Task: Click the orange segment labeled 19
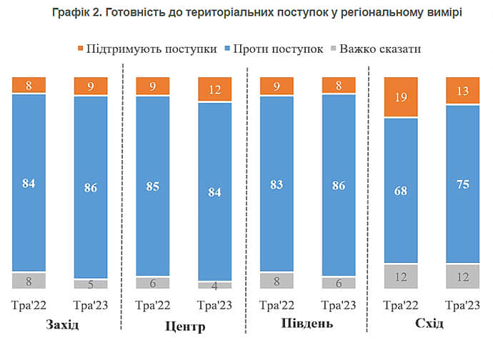[401, 97]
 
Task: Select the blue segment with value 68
[401, 191]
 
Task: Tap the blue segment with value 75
[463, 184]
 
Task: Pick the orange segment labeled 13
[463, 91]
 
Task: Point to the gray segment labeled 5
[91, 284]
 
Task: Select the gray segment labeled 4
[215, 285]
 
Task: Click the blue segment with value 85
[153, 186]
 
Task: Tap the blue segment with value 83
[277, 184]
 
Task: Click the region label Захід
[61, 325]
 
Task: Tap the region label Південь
[307, 325]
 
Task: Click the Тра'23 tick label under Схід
[463, 306]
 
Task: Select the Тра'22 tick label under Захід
[29, 306]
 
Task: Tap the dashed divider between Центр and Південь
[246, 200]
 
